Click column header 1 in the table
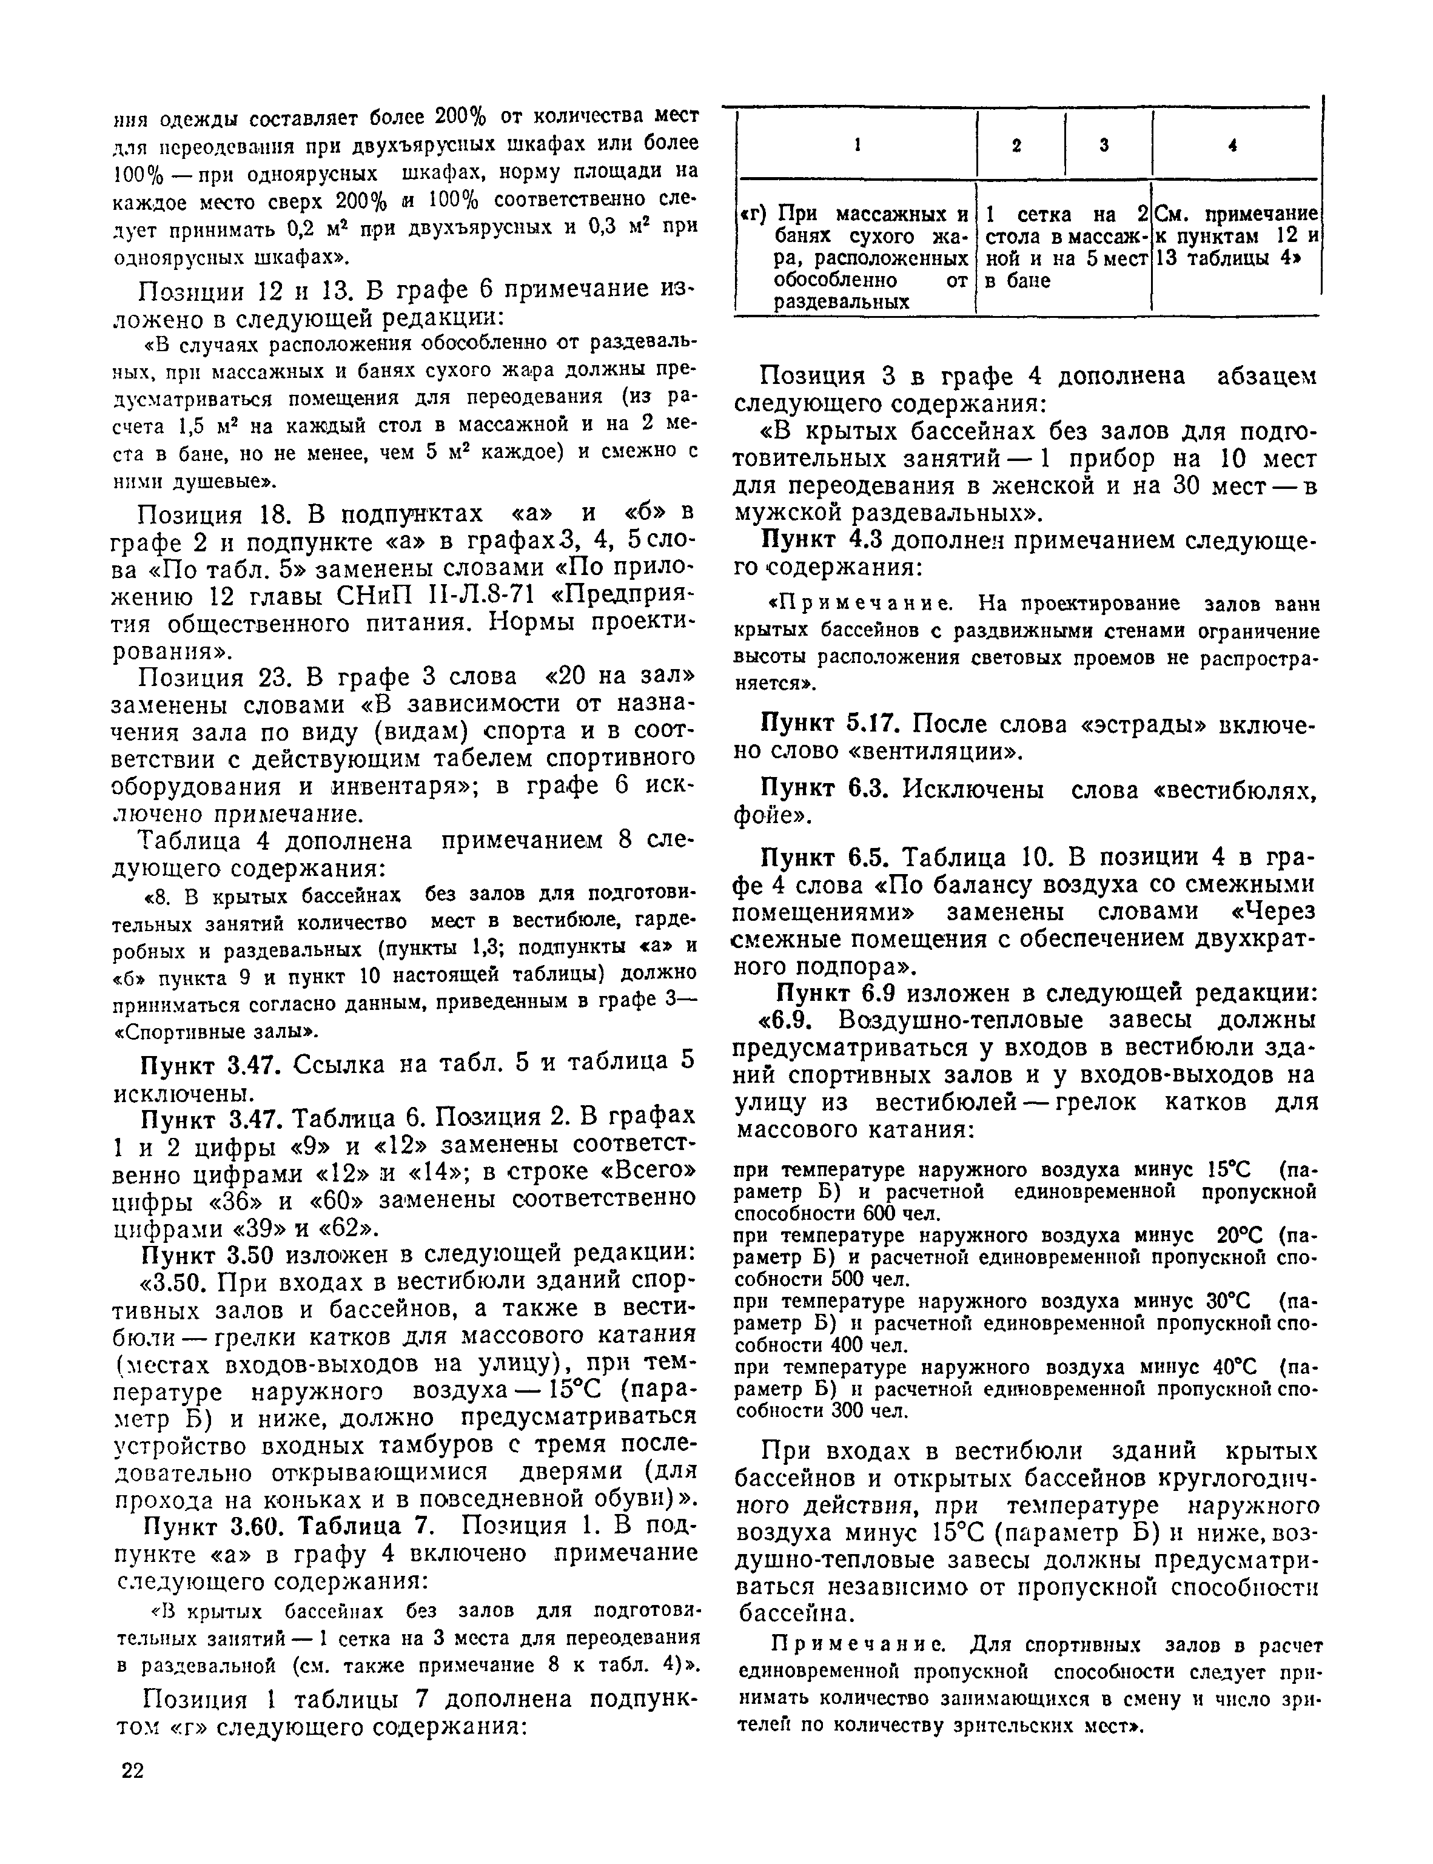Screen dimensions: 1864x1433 click(x=856, y=146)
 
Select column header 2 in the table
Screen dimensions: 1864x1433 click(x=1017, y=146)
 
